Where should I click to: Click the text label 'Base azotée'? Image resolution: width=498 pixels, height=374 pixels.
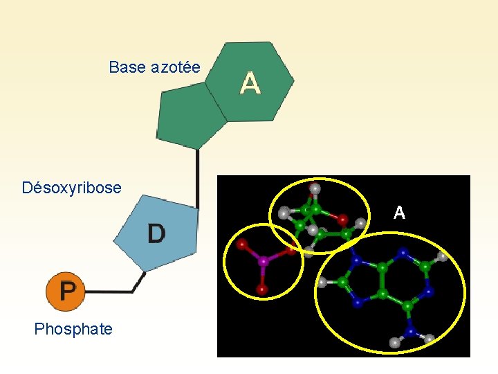point(154,67)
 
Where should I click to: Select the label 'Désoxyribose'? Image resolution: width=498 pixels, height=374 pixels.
point(71,188)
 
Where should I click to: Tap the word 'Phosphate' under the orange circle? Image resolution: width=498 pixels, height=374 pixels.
point(73,329)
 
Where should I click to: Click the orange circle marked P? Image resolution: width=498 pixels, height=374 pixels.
point(66,291)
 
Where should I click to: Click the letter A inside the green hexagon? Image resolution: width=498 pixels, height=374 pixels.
point(250,84)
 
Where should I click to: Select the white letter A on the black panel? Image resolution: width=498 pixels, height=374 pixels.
point(399,213)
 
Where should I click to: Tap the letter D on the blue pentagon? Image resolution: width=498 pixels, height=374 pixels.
point(156,234)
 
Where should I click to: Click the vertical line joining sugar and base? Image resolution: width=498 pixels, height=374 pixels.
point(199,177)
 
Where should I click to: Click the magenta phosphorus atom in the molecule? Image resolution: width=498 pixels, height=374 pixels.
point(263,262)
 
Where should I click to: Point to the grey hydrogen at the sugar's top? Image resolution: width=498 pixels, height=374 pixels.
point(315,188)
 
